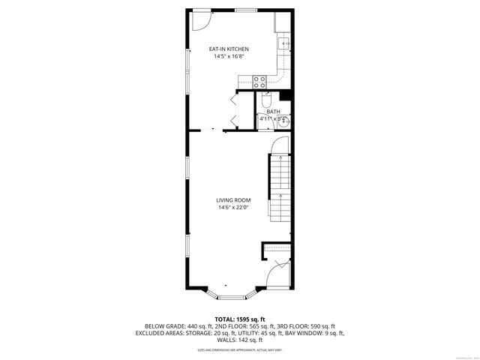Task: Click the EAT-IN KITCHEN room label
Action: coord(229,49)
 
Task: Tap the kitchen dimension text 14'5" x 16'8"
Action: coord(229,57)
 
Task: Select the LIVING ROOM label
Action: coord(233,200)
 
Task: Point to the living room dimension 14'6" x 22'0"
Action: coord(233,208)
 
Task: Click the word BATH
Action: coord(273,112)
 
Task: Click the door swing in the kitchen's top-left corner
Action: coord(199,19)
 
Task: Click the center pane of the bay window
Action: coord(232,291)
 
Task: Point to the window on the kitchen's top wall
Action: coord(246,10)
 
